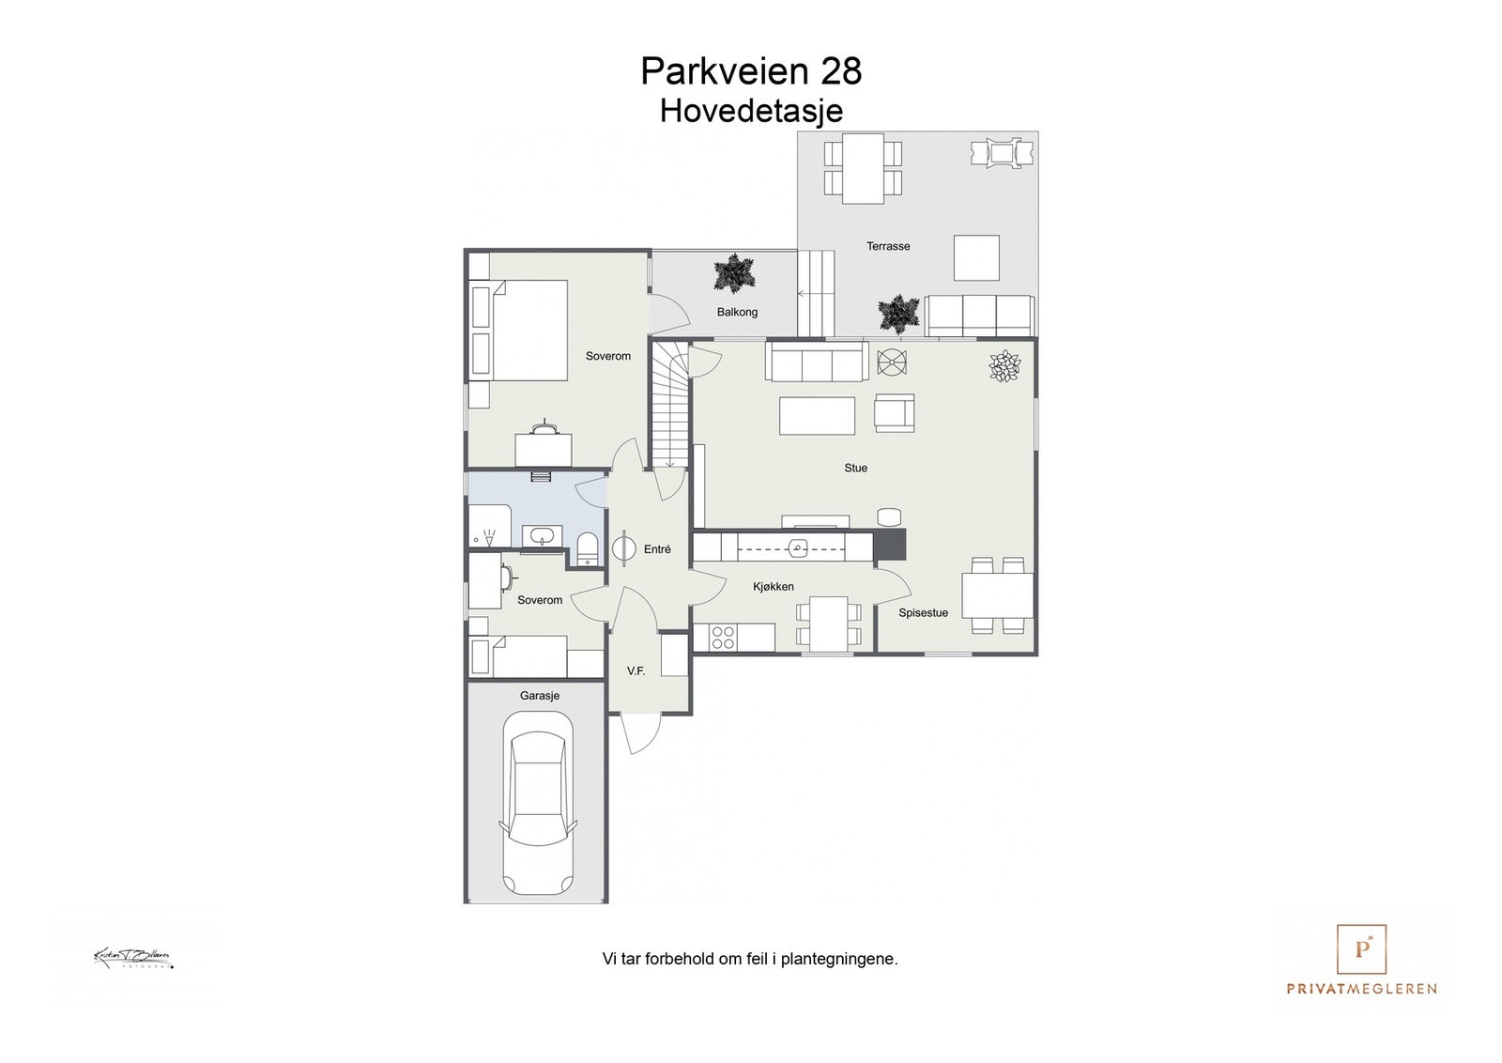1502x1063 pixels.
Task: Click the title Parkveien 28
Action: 751,70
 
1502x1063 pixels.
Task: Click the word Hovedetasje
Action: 751,111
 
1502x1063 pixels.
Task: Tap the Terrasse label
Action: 888,246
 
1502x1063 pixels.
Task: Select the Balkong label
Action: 737,312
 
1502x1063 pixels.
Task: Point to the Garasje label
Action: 540,696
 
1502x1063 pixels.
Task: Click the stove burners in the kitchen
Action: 723,638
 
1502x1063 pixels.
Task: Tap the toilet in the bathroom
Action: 588,547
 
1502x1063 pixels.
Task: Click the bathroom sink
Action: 543,536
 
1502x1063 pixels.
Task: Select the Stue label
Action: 855,468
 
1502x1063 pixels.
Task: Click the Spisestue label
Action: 923,613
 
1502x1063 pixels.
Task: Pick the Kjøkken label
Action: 774,587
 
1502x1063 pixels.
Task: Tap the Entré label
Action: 657,549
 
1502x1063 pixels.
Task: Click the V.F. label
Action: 636,671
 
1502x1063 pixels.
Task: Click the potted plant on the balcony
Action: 733,274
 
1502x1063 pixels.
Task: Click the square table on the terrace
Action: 976,257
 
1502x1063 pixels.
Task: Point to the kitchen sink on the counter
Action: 799,547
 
